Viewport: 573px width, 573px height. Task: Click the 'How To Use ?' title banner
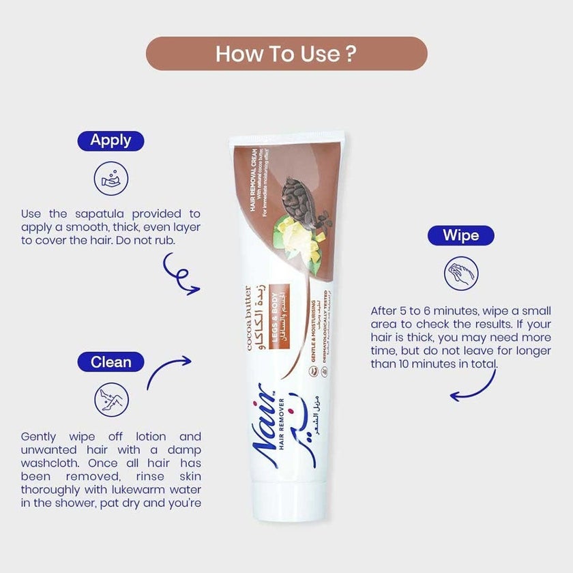(286, 54)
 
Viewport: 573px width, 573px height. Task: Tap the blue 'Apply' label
(111, 141)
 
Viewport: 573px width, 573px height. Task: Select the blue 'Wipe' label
(460, 235)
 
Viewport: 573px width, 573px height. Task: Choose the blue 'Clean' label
(111, 362)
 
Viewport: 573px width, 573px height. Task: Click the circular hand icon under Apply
(111, 179)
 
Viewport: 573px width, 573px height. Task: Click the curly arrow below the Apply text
(179, 274)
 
